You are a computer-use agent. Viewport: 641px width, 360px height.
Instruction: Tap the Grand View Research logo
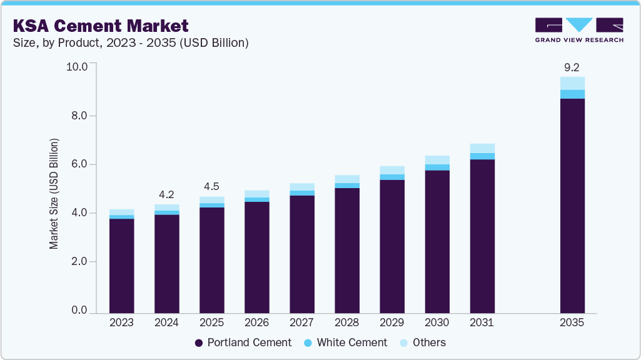tap(579, 30)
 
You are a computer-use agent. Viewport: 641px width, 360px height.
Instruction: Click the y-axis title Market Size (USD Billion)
tap(54, 194)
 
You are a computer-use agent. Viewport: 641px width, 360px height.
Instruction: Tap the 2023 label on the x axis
tap(121, 323)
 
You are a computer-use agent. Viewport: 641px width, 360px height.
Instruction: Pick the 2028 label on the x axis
tap(346, 323)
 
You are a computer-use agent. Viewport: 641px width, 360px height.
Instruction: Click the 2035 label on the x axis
tap(572, 323)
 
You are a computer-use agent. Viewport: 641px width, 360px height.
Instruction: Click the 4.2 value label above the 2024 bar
tap(166, 194)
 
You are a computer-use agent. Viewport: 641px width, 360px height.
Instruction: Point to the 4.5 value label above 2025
tap(211, 186)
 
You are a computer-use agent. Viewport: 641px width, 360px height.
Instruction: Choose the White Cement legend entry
tap(345, 342)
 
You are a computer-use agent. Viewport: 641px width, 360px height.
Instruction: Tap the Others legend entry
tap(423, 342)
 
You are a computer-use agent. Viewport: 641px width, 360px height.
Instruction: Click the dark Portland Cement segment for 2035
tap(572, 206)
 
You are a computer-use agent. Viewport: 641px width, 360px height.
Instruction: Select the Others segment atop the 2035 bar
tap(572, 83)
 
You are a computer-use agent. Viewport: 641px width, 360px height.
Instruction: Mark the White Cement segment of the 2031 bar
tap(482, 156)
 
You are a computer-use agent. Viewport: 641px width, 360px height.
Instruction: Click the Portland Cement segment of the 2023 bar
tap(121, 266)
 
